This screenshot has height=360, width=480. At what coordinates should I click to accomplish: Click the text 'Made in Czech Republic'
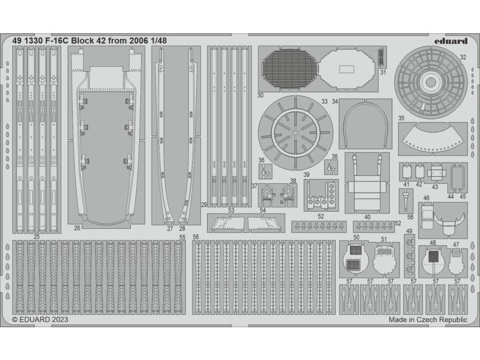click(x=428, y=320)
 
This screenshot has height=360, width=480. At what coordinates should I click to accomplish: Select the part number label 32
click(x=463, y=57)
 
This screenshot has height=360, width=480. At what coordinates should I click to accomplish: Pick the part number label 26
click(x=77, y=228)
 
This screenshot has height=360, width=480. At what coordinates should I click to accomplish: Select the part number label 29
click(x=204, y=204)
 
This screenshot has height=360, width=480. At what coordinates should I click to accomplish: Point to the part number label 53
click(x=231, y=211)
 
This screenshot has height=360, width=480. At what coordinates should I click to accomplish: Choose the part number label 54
click(x=263, y=211)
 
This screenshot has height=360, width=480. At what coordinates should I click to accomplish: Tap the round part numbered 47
click(x=455, y=261)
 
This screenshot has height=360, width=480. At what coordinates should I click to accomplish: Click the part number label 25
click(x=36, y=237)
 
